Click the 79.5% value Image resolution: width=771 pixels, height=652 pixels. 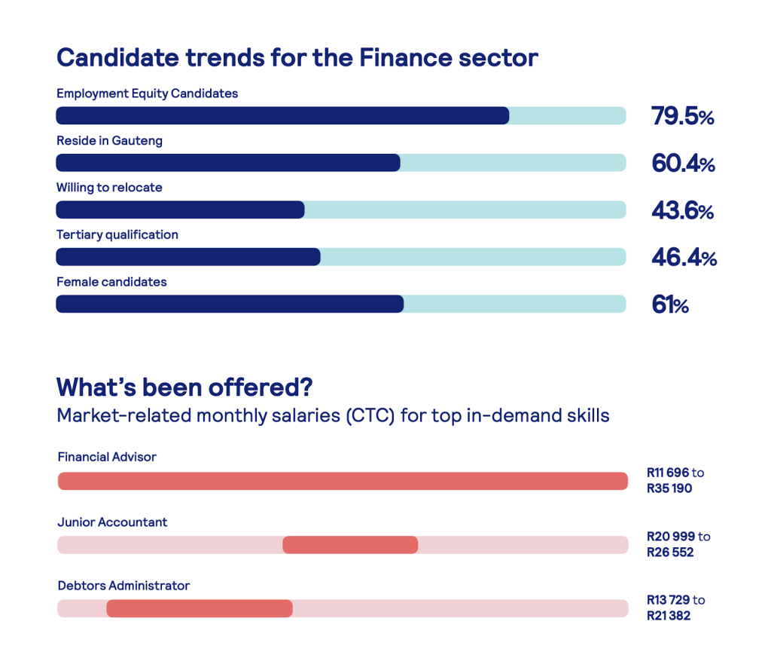click(x=682, y=117)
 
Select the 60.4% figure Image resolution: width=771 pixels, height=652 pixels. click(x=683, y=164)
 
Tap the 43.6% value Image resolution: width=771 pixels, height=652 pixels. click(x=682, y=212)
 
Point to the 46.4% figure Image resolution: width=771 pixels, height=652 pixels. click(x=684, y=259)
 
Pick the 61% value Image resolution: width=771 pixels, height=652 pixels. click(x=669, y=305)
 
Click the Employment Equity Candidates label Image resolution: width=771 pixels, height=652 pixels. click(x=147, y=93)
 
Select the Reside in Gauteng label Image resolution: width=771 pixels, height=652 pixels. click(x=109, y=140)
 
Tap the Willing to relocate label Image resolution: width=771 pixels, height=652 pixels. click(x=109, y=187)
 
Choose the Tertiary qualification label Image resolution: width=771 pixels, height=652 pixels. click(x=117, y=234)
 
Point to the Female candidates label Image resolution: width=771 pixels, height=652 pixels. click(x=111, y=282)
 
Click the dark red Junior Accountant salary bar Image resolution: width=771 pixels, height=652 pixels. click(x=350, y=545)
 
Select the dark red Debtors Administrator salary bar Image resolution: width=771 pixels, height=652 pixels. click(x=200, y=608)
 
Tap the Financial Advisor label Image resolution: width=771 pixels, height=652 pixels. click(x=107, y=457)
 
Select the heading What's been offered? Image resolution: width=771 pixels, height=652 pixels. click(x=184, y=387)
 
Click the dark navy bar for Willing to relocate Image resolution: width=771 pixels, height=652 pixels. click(x=180, y=210)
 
